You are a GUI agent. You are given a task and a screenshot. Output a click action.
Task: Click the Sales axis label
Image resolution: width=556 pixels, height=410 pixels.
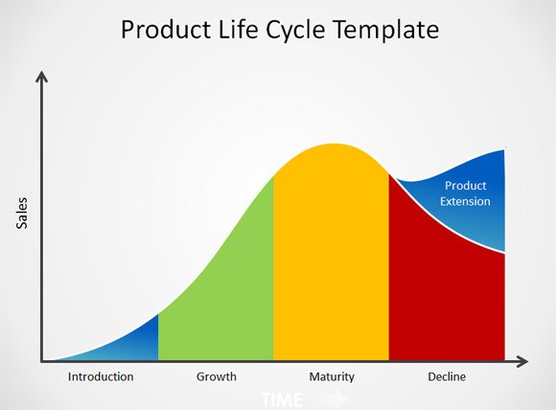click(x=22, y=213)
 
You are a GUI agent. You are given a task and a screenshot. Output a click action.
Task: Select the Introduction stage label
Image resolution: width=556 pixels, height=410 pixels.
click(x=101, y=376)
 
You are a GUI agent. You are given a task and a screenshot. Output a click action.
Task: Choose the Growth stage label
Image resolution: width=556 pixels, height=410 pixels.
click(x=216, y=376)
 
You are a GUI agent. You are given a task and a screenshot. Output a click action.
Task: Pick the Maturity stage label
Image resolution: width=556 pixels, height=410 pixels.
click(x=332, y=376)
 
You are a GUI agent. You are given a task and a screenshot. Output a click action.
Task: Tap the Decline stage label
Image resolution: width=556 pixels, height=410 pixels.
click(x=447, y=376)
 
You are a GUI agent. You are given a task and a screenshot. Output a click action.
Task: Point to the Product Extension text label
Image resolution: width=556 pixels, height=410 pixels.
click(x=465, y=194)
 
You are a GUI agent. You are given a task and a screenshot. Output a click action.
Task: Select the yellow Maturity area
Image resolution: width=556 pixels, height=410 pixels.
click(x=331, y=259)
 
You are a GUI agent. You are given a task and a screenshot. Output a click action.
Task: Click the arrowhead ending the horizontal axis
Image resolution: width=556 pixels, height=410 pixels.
click(x=521, y=361)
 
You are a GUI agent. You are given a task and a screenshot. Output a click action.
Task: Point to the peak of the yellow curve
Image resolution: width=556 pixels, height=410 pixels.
click(x=333, y=145)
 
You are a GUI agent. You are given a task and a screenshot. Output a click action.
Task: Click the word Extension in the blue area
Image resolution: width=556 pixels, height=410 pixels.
click(x=465, y=201)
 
